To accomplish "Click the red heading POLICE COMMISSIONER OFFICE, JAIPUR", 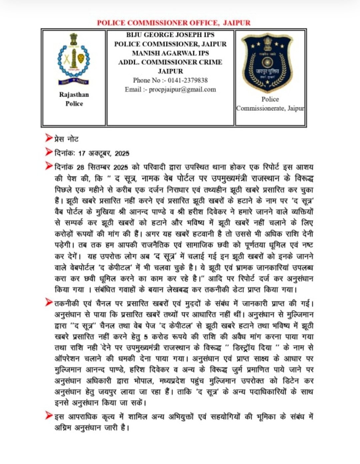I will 173,23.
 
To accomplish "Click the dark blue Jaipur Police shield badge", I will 267,62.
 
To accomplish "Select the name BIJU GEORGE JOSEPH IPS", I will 170,35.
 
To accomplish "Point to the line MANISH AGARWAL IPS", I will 170,53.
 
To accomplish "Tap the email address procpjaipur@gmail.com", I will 182,89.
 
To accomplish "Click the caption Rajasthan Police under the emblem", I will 74,99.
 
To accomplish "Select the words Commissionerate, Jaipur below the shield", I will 270,108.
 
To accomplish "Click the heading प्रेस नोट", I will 66,139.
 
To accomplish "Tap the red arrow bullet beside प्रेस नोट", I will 49,138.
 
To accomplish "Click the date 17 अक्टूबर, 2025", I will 104,153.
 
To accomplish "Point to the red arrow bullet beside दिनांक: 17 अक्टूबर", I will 49,152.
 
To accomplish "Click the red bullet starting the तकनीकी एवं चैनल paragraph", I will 49,302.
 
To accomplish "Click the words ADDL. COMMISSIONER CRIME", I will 170,62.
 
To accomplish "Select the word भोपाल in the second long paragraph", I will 142,381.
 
